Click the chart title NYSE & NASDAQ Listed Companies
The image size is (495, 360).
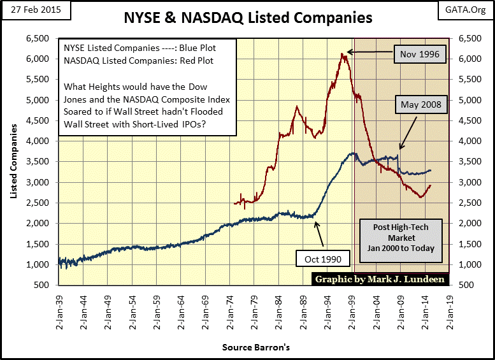[247, 18]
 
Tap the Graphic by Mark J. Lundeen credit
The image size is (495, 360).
[378, 278]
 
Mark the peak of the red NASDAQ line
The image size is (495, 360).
[343, 54]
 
